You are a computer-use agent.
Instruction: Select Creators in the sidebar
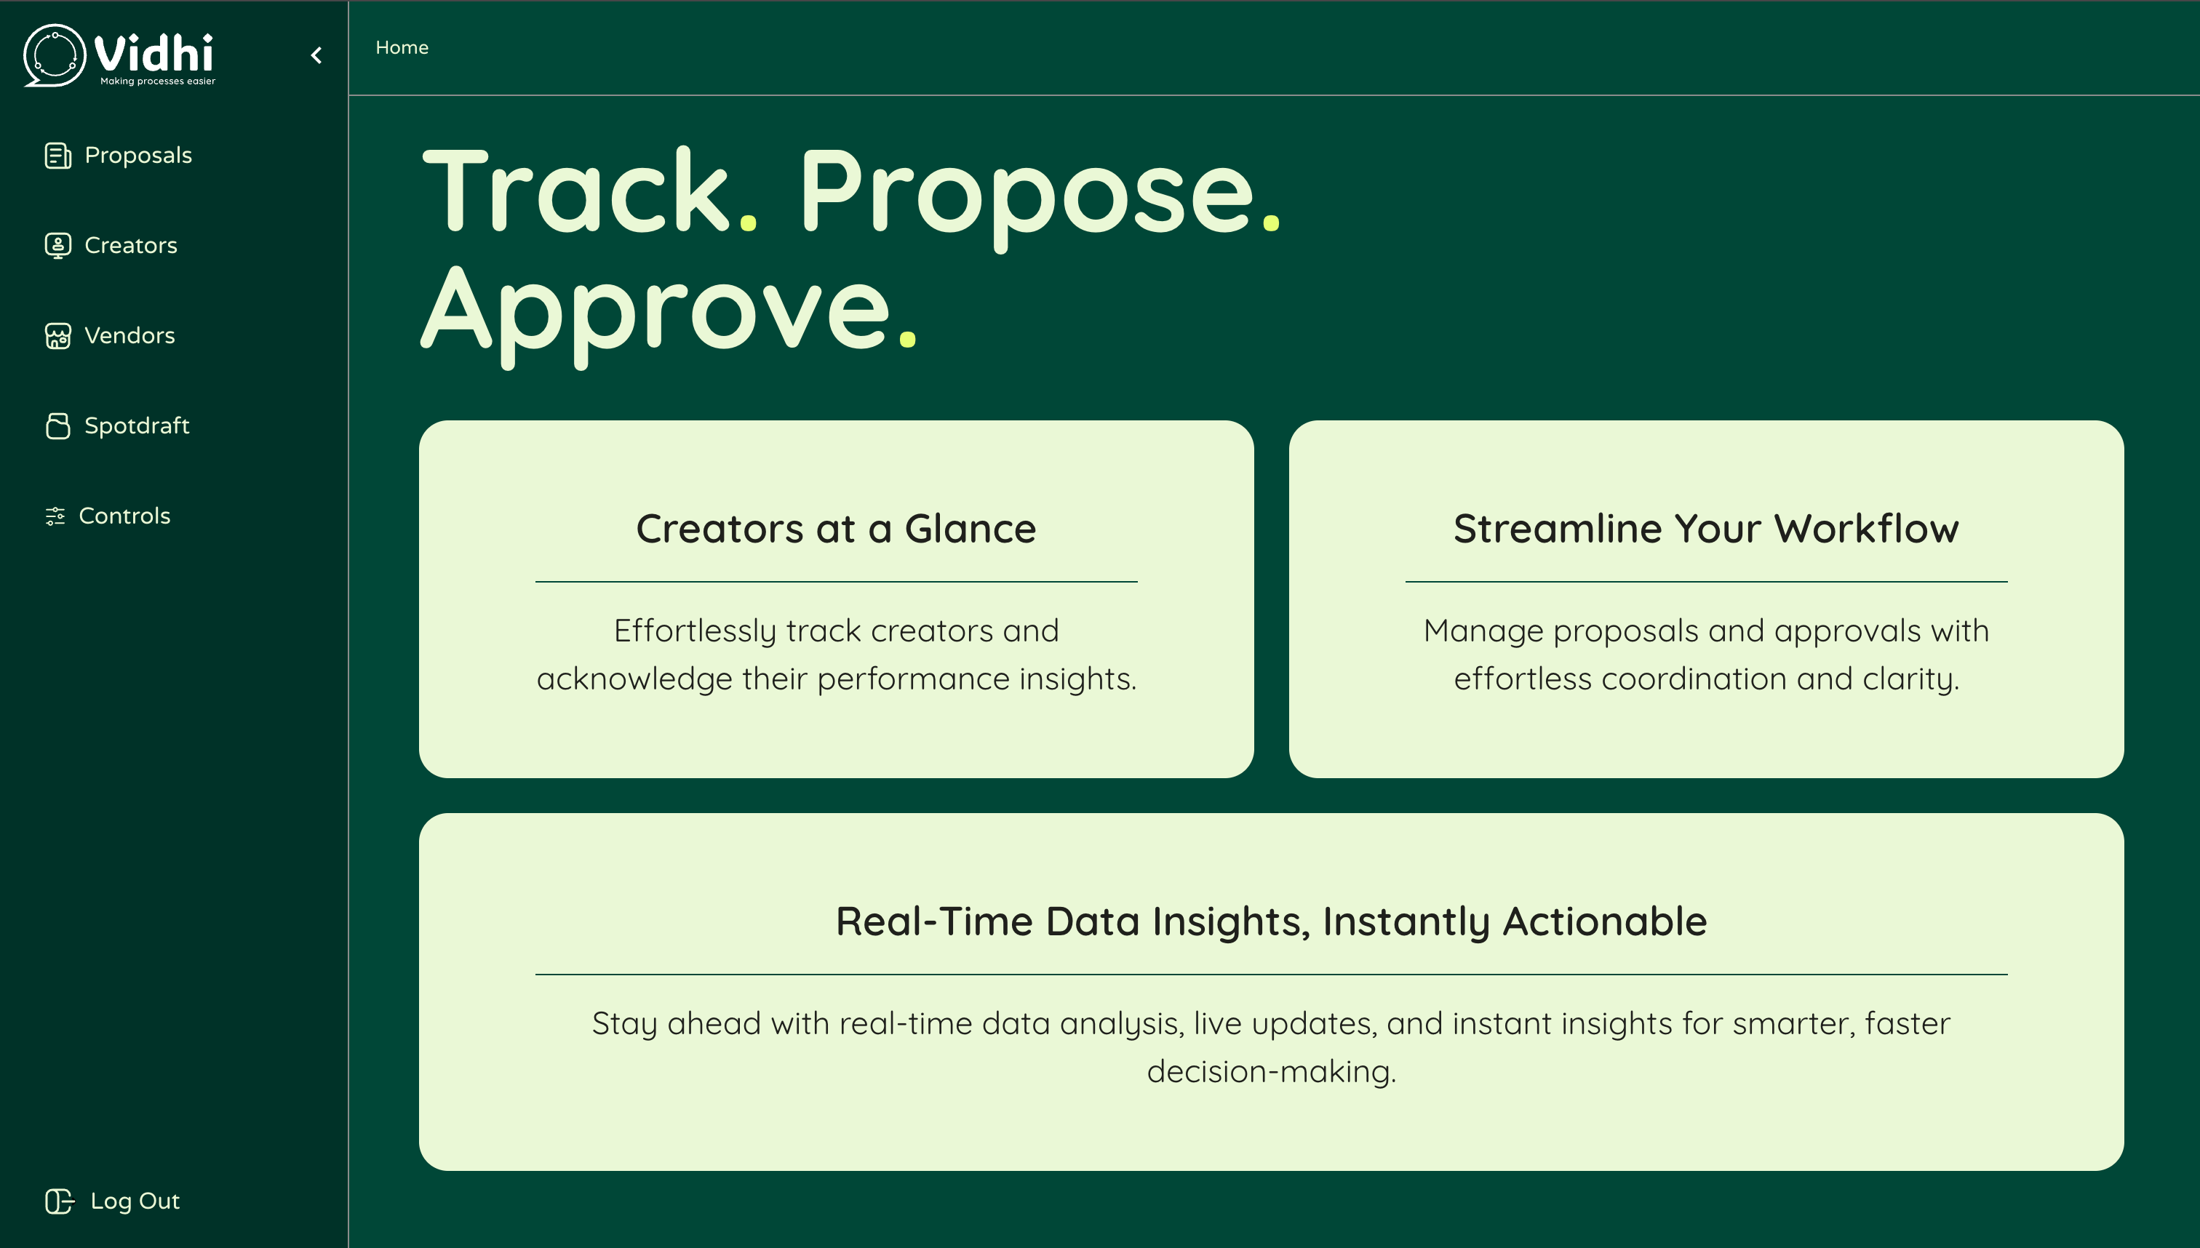pos(111,245)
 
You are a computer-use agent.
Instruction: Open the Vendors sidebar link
pos(109,335)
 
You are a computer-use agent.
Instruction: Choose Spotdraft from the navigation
pos(116,425)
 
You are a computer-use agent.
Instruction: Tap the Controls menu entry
pos(107,515)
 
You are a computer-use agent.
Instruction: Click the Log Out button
pos(112,1201)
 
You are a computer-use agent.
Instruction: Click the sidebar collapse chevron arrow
pos(316,56)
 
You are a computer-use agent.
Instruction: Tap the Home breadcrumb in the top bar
pos(402,47)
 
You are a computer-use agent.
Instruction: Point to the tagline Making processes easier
pos(158,81)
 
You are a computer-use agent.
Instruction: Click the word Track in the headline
pos(576,191)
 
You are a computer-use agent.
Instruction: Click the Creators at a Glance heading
pos(836,528)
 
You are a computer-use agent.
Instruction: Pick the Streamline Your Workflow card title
pos(1706,528)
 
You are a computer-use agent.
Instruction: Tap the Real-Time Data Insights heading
pos(1272,921)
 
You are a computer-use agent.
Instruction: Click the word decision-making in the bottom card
pos(1272,1071)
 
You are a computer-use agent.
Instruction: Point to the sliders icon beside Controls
pos(55,516)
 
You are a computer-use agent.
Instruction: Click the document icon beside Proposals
pos(57,155)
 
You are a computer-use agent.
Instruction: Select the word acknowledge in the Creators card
pos(634,679)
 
